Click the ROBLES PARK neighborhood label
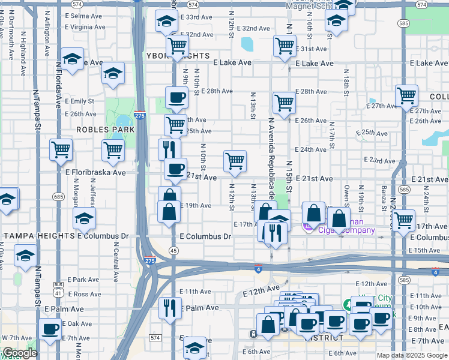pyautogui.click(x=97, y=129)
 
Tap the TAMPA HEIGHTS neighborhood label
pyautogui.click(x=39, y=236)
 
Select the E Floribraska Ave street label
pyautogui.click(x=95, y=172)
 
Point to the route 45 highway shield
pyautogui.click(x=173, y=250)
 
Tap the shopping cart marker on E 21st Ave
pyautogui.click(x=235, y=161)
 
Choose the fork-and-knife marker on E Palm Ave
pyautogui.click(x=170, y=308)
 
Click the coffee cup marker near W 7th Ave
pyautogui.click(x=50, y=329)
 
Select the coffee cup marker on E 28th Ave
pyautogui.click(x=176, y=97)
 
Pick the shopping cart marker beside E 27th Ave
pyautogui.click(x=406, y=95)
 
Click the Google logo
pyautogui.click(x=20, y=353)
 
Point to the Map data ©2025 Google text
pyautogui.click(x=411, y=355)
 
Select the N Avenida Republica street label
pyautogui.click(x=270, y=162)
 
